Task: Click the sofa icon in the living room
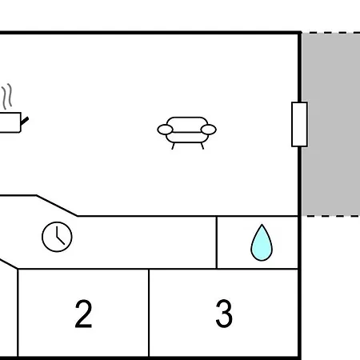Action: tap(186, 133)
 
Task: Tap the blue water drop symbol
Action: tap(262, 242)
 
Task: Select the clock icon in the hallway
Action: tap(57, 237)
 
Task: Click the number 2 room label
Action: tap(83, 314)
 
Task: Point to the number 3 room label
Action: tap(224, 314)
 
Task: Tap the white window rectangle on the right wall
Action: tap(299, 124)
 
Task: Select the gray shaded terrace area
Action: tap(331, 124)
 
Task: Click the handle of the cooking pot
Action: tap(25, 121)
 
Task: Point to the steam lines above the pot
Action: tap(7, 96)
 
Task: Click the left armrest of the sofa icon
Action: tap(165, 130)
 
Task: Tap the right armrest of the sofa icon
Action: tap(209, 130)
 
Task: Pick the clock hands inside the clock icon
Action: tap(60, 237)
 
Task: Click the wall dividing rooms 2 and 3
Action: tap(149, 313)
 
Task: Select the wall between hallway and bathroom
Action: tap(217, 242)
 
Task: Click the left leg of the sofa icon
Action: tap(173, 146)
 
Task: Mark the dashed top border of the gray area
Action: tap(331, 33)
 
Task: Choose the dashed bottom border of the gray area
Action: tap(331, 216)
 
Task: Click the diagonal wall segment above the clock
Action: tap(57, 206)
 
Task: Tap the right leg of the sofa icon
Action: tap(202, 146)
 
